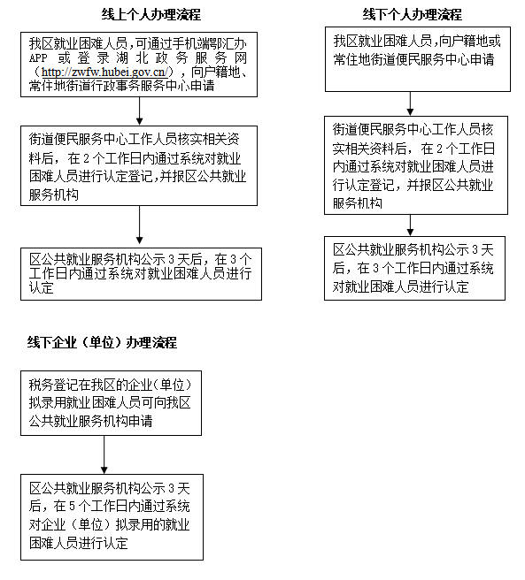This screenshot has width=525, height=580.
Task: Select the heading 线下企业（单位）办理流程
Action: [102, 342]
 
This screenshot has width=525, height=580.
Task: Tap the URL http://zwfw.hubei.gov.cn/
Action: [110, 72]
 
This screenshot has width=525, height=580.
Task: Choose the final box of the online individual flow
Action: [141, 273]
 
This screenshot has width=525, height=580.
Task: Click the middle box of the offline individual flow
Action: [416, 164]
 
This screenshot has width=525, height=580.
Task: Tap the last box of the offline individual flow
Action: [416, 268]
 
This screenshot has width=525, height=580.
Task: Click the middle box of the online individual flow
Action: [141, 165]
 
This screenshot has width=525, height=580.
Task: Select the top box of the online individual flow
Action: [141, 65]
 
